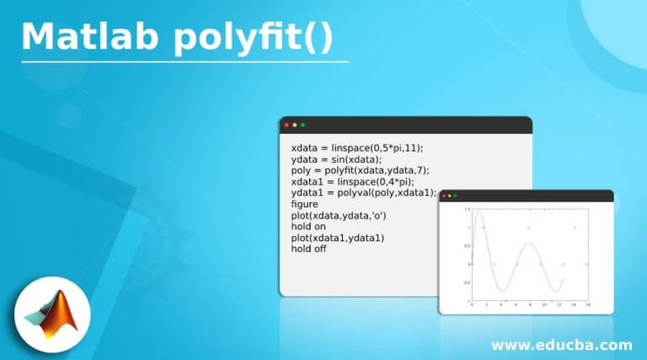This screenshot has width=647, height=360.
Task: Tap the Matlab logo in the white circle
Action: click(51, 316)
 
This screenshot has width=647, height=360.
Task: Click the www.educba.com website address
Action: click(561, 345)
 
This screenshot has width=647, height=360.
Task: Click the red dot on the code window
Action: click(286, 126)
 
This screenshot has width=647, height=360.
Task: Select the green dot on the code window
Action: click(302, 126)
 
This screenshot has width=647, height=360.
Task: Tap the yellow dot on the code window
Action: click(294, 126)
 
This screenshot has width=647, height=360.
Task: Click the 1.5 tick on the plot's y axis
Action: click(468, 209)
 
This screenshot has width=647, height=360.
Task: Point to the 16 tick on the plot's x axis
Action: click(587, 304)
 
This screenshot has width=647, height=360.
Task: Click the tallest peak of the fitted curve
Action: click(479, 212)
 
